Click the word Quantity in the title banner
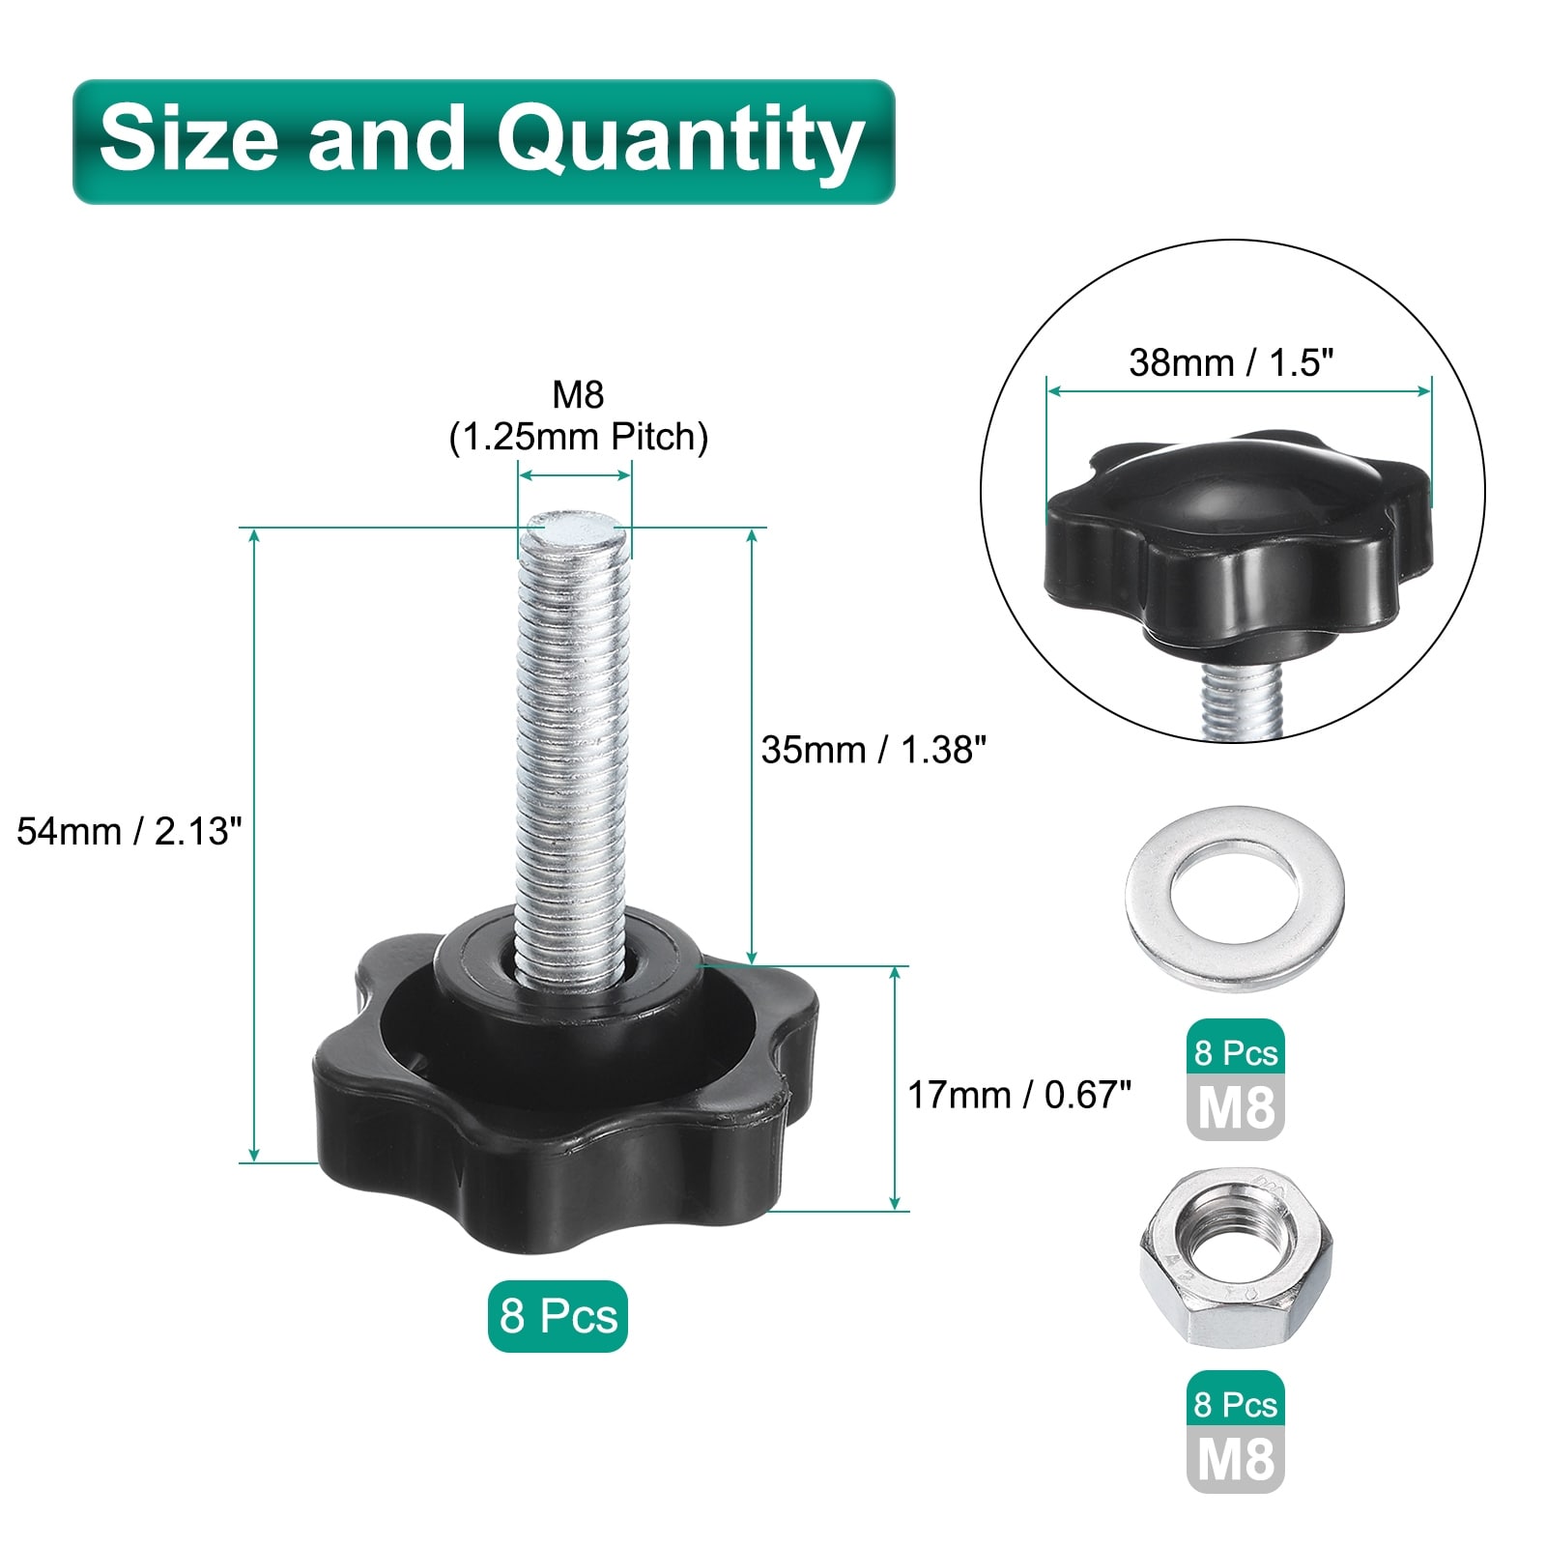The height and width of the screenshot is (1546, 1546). click(680, 141)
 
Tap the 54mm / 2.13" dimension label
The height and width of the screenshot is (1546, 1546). click(129, 830)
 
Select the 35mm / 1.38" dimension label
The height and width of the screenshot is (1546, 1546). click(873, 750)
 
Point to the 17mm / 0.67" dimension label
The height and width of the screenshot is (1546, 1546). click(1019, 1095)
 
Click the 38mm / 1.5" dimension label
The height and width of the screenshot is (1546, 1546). click(1231, 362)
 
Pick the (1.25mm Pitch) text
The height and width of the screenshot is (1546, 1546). click(578, 437)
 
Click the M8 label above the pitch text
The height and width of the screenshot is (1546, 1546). click(578, 394)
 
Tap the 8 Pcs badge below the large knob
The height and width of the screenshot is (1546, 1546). click(558, 1316)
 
